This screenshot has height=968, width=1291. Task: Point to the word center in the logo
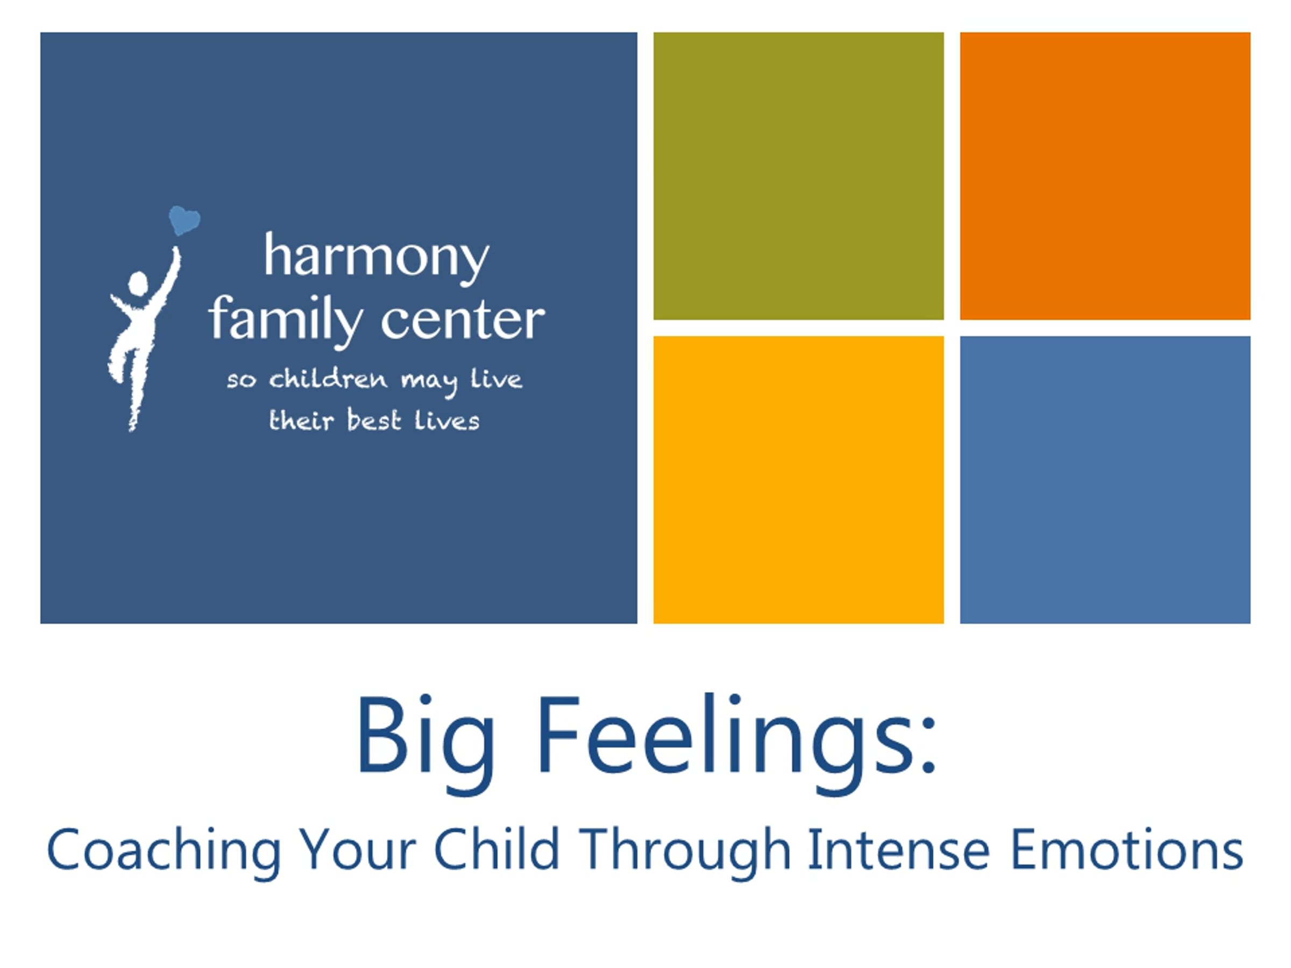click(463, 321)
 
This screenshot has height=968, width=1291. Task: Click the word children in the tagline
click(328, 379)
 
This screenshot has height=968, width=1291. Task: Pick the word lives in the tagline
click(447, 421)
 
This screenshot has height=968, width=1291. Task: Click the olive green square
click(798, 176)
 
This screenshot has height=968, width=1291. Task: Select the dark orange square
click(1105, 176)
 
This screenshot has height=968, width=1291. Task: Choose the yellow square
click(798, 480)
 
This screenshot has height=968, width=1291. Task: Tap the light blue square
click(1105, 480)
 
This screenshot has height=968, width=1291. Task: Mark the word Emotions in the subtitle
click(1127, 850)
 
